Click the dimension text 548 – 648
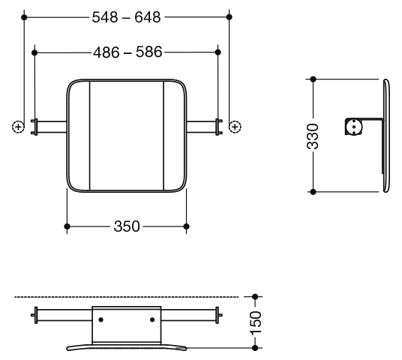(126, 17)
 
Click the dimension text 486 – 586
(127, 52)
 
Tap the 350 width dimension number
(127, 226)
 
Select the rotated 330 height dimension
(313, 136)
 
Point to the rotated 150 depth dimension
(255, 322)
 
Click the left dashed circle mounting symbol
(18, 127)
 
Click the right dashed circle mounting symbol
(235, 127)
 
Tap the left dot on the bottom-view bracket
(101, 319)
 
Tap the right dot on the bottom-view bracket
(152, 319)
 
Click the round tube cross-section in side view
(354, 127)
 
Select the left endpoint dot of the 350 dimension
(67, 226)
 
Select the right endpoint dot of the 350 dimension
(187, 226)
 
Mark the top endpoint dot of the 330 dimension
(313, 79)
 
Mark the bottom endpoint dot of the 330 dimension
(313, 192)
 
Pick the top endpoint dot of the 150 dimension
(255, 297)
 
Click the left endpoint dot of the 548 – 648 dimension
(24, 17)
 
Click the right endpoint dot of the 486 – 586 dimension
(218, 52)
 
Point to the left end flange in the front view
(35, 127)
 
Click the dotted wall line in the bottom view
(127, 297)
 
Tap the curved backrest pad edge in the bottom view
(127, 346)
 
